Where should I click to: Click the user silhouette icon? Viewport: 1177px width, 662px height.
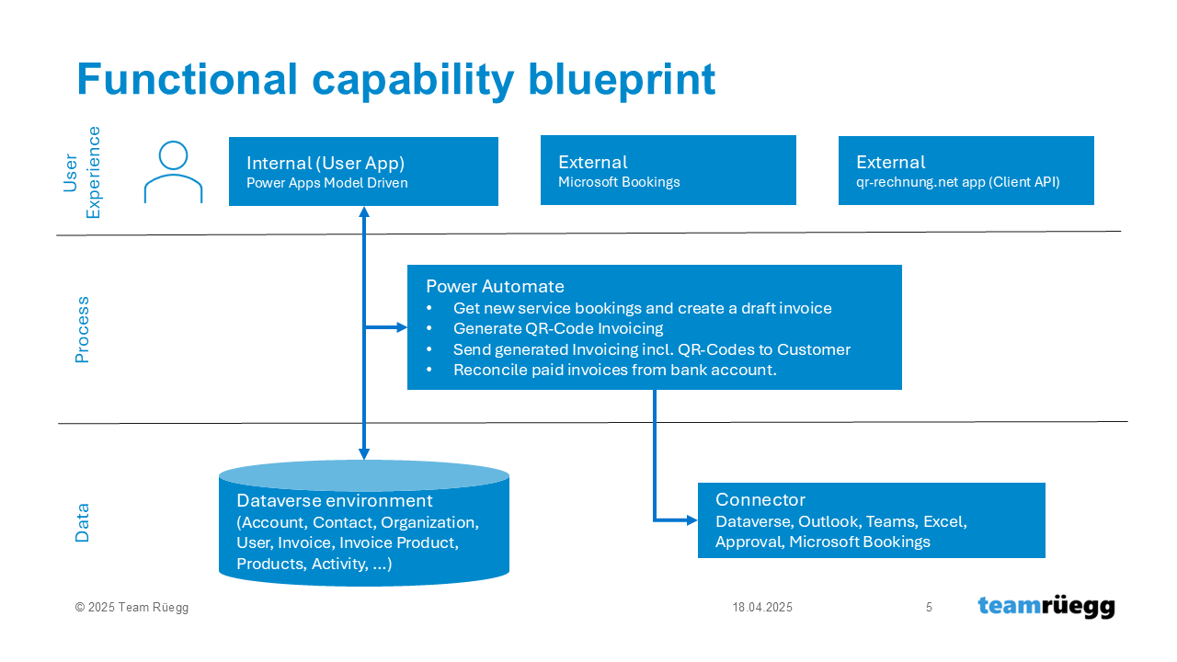coord(174,172)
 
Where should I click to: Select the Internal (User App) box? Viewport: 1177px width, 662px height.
coord(363,171)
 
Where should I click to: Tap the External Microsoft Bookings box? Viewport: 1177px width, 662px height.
coord(668,170)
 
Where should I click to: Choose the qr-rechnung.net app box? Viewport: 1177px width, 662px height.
coord(966,170)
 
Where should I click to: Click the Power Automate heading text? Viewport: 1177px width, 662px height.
coord(495,286)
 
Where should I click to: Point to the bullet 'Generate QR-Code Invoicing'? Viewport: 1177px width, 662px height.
coord(558,328)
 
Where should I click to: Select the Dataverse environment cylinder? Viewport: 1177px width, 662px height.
coord(364,523)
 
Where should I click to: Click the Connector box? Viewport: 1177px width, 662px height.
coord(871,520)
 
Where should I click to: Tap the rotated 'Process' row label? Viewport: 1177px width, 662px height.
coord(82,329)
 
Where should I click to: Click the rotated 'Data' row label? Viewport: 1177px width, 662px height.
coord(82,523)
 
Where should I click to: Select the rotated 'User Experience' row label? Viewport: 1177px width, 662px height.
coord(82,172)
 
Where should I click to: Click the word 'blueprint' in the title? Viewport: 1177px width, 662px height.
coord(622,80)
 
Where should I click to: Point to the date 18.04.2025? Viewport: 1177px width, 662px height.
coord(762,608)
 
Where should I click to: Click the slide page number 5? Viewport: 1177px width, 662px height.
coord(929,608)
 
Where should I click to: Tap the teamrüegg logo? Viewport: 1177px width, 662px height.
coord(1046,607)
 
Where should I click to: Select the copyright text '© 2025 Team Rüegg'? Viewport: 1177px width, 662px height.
coord(131,608)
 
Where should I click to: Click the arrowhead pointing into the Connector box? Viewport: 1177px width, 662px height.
coord(692,520)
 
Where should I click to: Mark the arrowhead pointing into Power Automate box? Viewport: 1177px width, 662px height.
coord(402,327)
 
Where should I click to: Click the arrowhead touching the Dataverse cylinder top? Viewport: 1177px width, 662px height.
coord(364,454)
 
